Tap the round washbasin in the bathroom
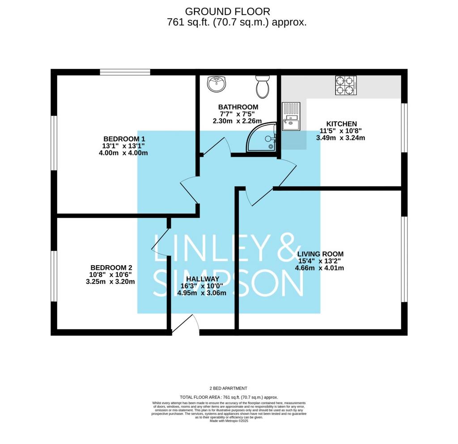[x=216, y=84]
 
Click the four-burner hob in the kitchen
[x=346, y=85]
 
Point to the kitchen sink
[x=291, y=116]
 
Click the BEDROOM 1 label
[x=124, y=139]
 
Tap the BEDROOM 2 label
[x=111, y=268]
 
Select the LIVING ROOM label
[x=320, y=254]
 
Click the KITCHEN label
[x=341, y=124]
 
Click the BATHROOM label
[x=238, y=107]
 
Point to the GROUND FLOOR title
[x=228, y=12]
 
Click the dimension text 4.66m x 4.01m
[x=319, y=268]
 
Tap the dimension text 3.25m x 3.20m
[x=110, y=282]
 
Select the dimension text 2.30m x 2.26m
[x=237, y=121]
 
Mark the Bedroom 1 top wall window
[x=125, y=72]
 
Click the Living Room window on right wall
[x=404, y=259]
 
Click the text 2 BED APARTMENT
[x=229, y=388]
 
